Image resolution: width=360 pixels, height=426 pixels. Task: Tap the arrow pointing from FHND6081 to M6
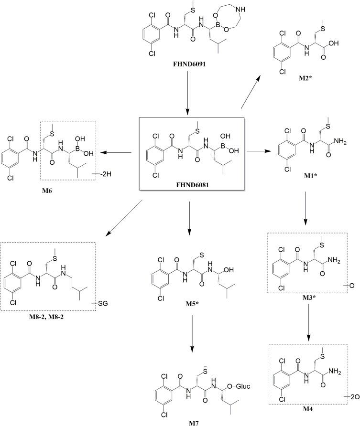coord(118,153)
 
